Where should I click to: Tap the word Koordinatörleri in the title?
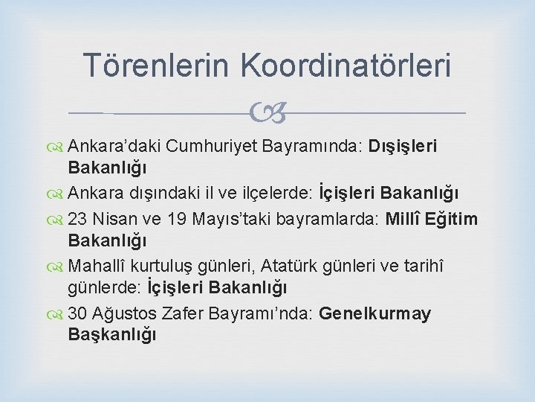click(x=346, y=65)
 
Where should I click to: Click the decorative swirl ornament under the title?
click(x=268, y=113)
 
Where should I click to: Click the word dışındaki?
click(x=159, y=194)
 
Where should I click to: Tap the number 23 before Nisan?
click(x=77, y=219)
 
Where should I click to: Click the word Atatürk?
click(x=291, y=266)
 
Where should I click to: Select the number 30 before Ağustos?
click(x=77, y=313)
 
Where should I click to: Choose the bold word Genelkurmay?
click(x=374, y=313)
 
